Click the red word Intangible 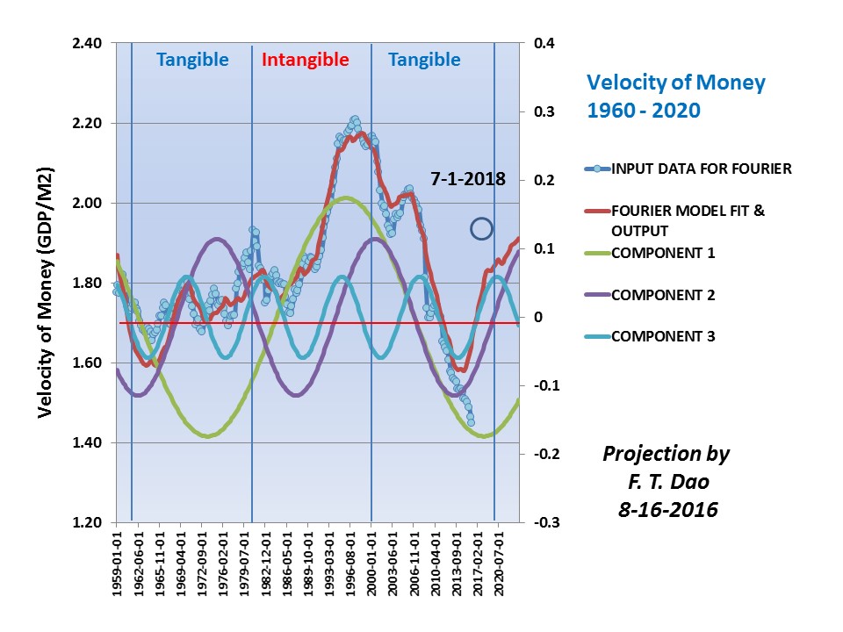[x=306, y=61]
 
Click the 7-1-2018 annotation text [x=468, y=179]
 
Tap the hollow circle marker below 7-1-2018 [x=481, y=228]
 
